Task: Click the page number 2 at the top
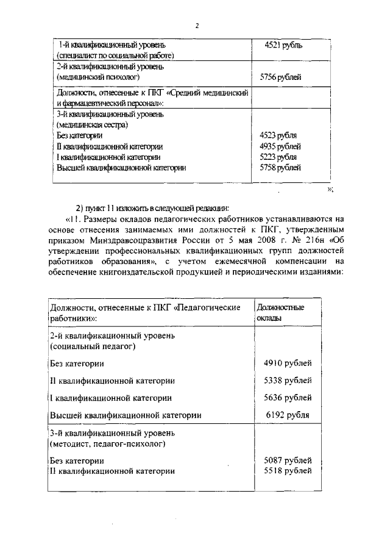click(197, 26)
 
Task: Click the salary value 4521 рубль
click(283, 45)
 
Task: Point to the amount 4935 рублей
click(280, 146)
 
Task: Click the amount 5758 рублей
click(280, 167)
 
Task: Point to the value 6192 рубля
click(288, 415)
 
